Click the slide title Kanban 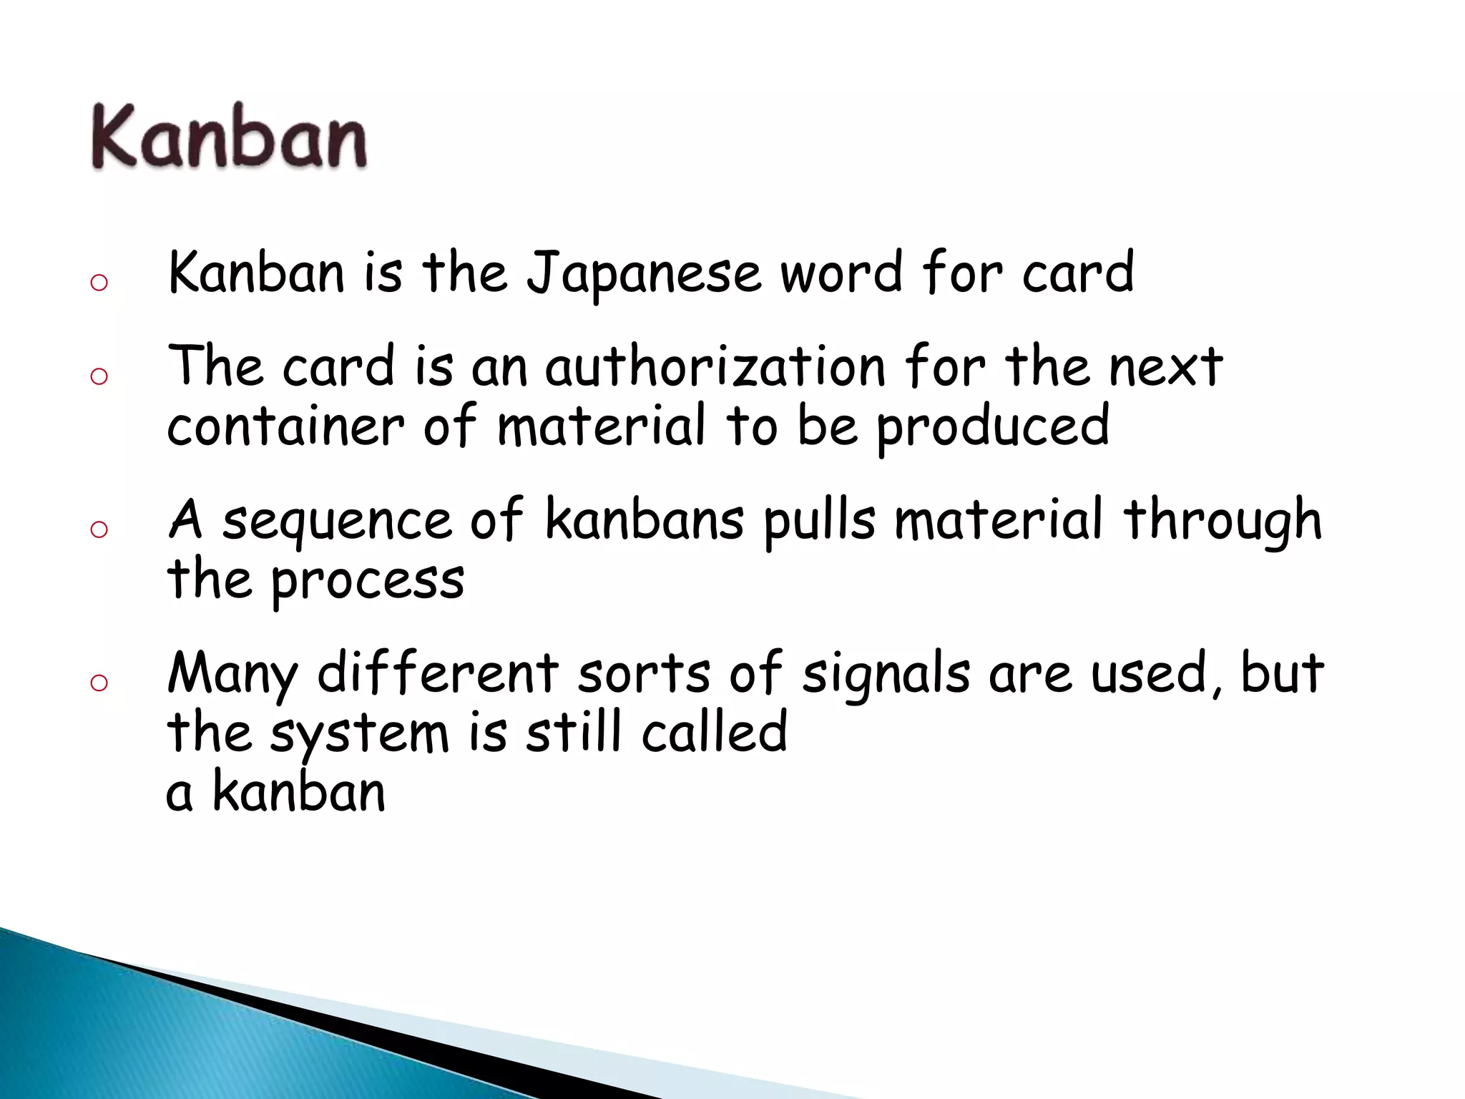[229, 136]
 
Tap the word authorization [715, 366]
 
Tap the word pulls [820, 521]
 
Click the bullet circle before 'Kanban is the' [99, 283]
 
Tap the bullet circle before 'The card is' [99, 376]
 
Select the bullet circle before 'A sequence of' [99, 529]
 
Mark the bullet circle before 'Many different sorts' [99, 683]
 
